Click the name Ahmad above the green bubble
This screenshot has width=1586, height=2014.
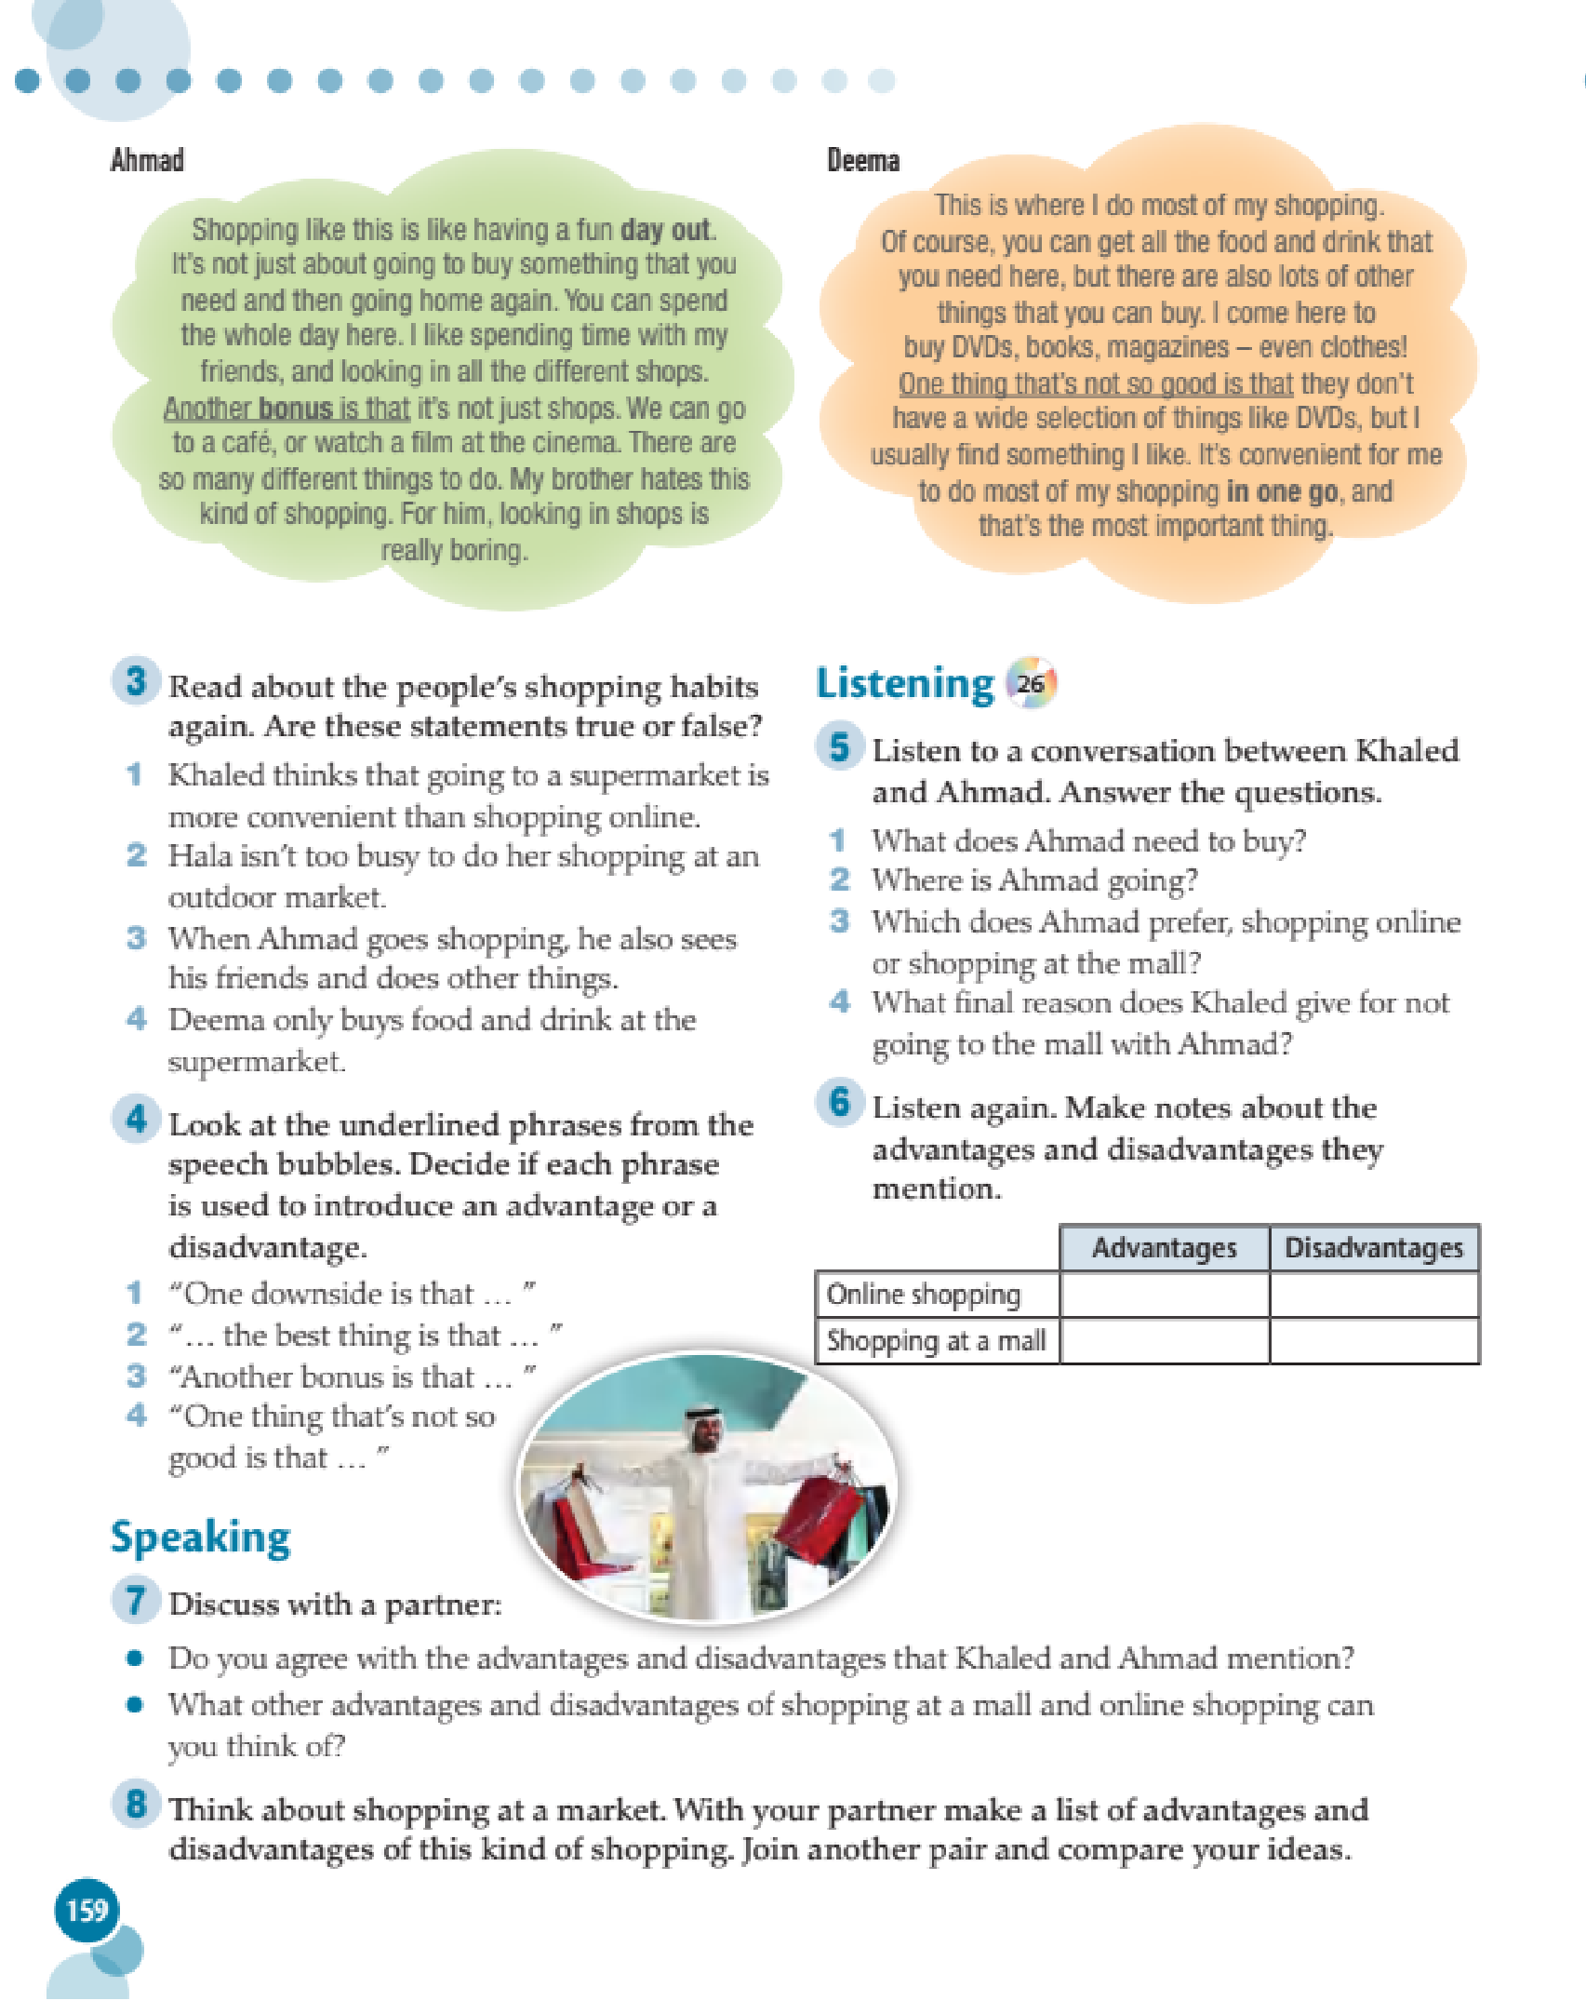click(147, 160)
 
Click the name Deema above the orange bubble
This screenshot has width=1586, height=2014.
click(862, 160)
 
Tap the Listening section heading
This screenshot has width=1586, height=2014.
click(904, 684)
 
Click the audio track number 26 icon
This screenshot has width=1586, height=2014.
click(1031, 684)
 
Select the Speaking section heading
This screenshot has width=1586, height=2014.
click(200, 1537)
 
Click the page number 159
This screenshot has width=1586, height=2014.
click(87, 1911)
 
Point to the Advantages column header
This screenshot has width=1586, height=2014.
click(1164, 1248)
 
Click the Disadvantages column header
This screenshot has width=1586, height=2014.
click(1373, 1248)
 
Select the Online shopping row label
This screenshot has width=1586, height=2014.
click(924, 1295)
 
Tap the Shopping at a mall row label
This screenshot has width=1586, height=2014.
click(936, 1341)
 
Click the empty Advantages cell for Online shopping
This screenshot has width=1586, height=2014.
click(1164, 1295)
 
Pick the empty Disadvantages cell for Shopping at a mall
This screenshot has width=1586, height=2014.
click(1373, 1341)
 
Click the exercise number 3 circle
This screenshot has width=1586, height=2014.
click(136, 681)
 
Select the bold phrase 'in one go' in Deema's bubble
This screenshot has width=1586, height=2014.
click(1282, 490)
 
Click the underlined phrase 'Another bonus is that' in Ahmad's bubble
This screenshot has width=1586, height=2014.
click(287, 408)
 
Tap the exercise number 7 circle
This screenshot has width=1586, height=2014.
click(136, 1600)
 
